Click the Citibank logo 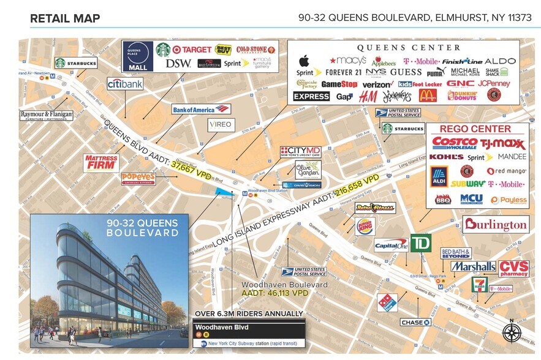tap(125, 84)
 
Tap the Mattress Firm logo tap(101, 162)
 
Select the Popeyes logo tap(138, 179)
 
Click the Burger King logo tap(365, 227)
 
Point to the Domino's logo tap(387, 302)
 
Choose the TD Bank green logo tap(420, 242)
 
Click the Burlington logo tap(495, 225)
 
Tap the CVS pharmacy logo tap(513, 268)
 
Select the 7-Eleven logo tap(479, 285)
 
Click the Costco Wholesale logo tap(455, 143)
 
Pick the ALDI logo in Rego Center tap(439, 176)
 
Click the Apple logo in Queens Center tap(303, 61)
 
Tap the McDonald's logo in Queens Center tap(428, 96)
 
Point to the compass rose tap(512, 333)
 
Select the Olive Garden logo tap(291, 170)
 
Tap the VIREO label tap(221, 125)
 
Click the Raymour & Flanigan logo tap(46, 114)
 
